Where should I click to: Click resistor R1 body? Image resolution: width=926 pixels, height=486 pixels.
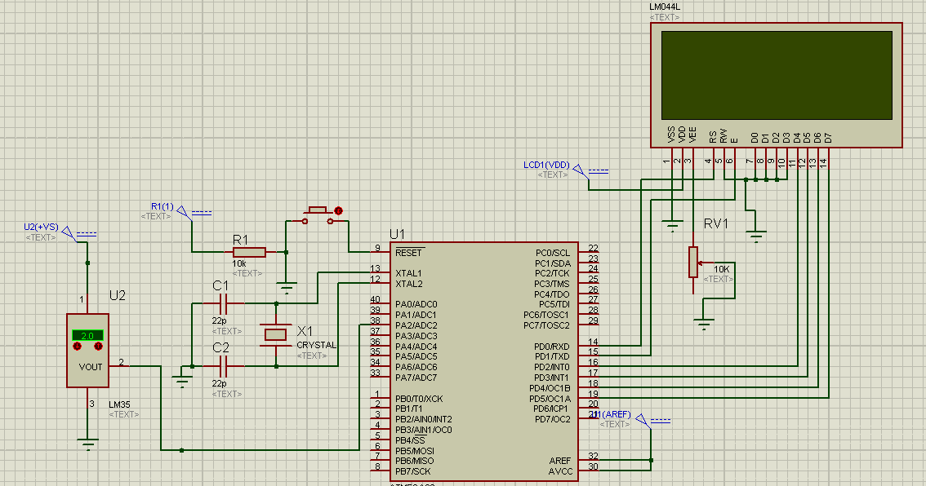[x=249, y=252]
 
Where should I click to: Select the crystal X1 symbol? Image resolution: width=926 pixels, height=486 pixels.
[x=276, y=334]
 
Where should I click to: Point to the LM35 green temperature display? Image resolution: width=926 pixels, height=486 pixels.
[x=87, y=335]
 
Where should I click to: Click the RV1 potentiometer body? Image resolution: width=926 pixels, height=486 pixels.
[x=692, y=262]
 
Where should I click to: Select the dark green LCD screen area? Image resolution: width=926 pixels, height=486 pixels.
[x=776, y=75]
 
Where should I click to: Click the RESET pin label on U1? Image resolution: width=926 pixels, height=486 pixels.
[x=408, y=253]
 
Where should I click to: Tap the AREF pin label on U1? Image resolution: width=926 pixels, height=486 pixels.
[x=561, y=461]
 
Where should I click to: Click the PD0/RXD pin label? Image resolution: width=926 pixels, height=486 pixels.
[x=553, y=346]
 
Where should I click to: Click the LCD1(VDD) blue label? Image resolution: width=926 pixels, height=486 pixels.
[x=546, y=165]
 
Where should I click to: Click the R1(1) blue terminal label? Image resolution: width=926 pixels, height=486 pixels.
[x=162, y=205]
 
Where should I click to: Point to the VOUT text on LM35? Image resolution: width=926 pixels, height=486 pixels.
[x=91, y=367]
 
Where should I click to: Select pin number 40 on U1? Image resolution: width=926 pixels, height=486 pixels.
[x=376, y=300]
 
